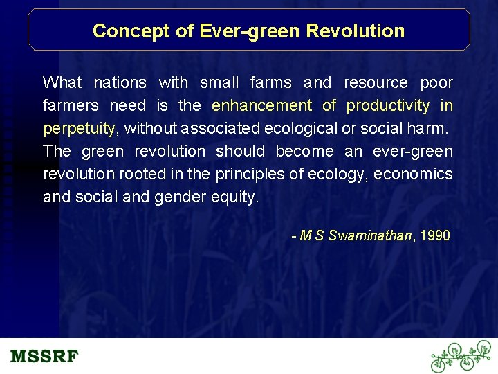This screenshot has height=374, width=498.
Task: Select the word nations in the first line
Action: [120, 83]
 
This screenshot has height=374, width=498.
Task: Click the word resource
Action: [376, 83]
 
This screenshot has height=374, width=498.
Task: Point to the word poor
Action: [436, 83]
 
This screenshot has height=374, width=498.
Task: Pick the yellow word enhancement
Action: [261, 106]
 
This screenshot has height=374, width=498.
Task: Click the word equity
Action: [237, 197]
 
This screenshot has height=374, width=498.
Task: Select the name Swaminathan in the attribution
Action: [369, 235]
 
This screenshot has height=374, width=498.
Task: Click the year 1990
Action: [434, 235]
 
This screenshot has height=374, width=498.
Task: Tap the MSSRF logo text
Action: [44, 357]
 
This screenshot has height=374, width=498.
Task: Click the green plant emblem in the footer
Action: [460, 357]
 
